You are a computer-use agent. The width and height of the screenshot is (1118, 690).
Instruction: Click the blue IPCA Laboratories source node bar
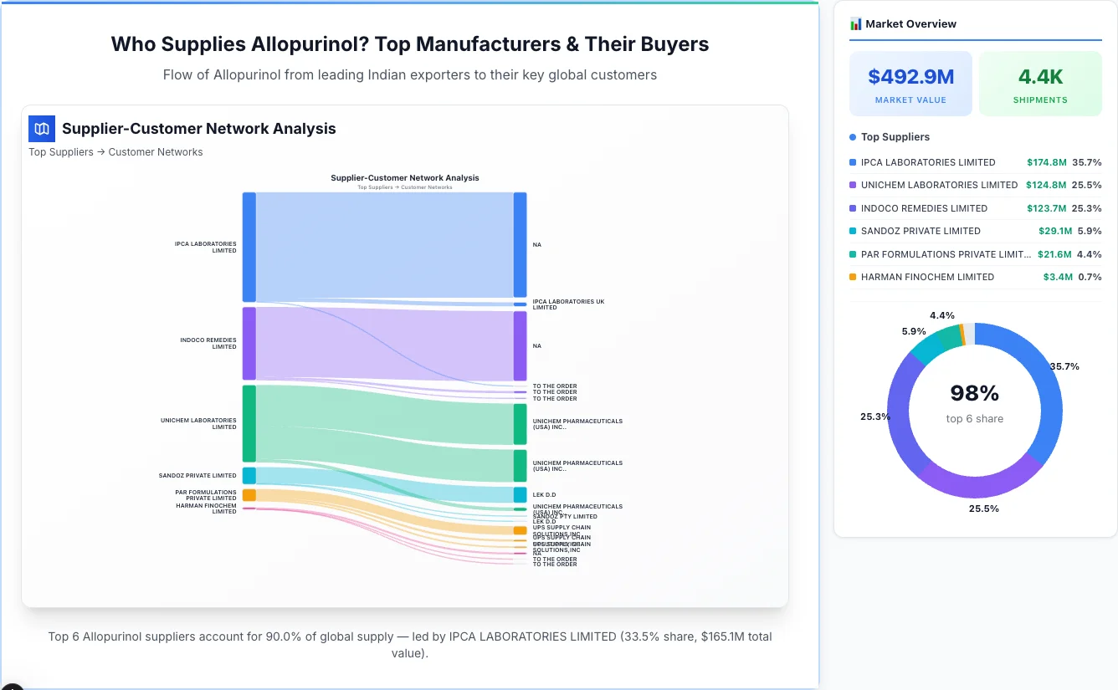pyautogui.click(x=249, y=247)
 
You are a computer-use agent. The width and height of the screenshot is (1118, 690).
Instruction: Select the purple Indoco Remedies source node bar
pyautogui.click(x=249, y=343)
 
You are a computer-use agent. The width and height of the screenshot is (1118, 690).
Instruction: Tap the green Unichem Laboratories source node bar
pyautogui.click(x=249, y=423)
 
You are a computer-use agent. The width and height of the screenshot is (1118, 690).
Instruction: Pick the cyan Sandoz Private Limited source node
pyautogui.click(x=249, y=475)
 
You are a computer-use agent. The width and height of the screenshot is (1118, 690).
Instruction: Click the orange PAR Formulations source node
pyautogui.click(x=249, y=495)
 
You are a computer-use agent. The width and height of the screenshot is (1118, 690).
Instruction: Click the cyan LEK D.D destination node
pyautogui.click(x=520, y=494)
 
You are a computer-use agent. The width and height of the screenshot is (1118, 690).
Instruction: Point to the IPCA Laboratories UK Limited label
pyautogui.click(x=567, y=304)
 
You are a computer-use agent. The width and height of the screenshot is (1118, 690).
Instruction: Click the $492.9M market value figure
pyautogui.click(x=910, y=77)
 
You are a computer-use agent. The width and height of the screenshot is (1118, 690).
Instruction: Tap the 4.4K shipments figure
pyautogui.click(x=1040, y=77)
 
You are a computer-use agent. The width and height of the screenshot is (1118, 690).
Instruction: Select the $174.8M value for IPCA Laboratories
pyautogui.click(x=1047, y=162)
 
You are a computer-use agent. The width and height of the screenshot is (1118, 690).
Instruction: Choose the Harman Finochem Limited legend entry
pyautogui.click(x=927, y=277)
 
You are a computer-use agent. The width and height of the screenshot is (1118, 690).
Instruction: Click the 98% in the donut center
pyautogui.click(x=974, y=392)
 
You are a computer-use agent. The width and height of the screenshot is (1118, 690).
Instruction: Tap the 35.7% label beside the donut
pyautogui.click(x=1064, y=366)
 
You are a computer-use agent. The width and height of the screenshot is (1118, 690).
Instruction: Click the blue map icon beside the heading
pyautogui.click(x=42, y=129)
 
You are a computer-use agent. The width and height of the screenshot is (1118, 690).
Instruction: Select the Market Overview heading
pyautogui.click(x=910, y=23)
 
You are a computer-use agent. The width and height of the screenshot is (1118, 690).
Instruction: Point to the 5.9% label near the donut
pyautogui.click(x=913, y=331)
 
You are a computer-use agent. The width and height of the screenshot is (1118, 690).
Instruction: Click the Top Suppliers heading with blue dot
pyautogui.click(x=895, y=137)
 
